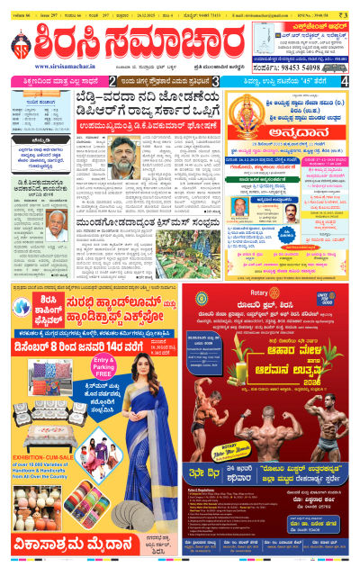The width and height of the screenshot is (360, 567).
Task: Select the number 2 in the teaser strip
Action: [x=112, y=81]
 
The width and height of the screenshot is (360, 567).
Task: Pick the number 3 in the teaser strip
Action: [x=216, y=81]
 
